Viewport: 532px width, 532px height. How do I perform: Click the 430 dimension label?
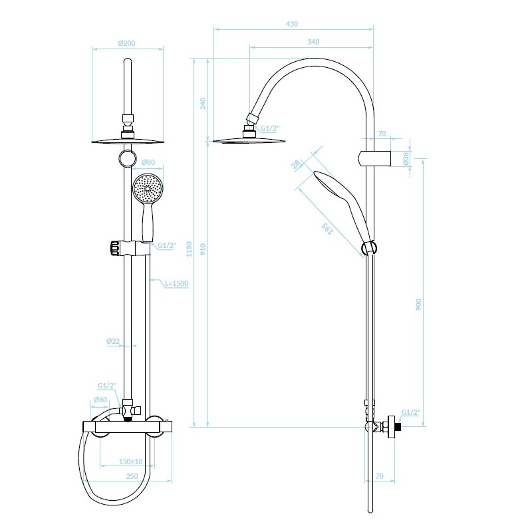coord(292,24)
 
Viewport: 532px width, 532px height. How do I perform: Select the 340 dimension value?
coord(313,42)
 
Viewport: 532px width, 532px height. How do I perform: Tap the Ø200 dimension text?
coord(126,43)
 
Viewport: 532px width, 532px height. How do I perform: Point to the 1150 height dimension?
coord(190,249)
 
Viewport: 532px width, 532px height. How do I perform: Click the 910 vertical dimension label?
coord(203,249)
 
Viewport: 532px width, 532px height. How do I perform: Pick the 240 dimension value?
coord(203,104)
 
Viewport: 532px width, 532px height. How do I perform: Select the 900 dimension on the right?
coord(418,305)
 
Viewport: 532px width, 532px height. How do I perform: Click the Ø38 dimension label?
coord(406,159)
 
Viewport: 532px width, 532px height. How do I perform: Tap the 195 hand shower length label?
coord(327,229)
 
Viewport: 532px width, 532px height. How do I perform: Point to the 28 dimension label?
coord(296,164)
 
